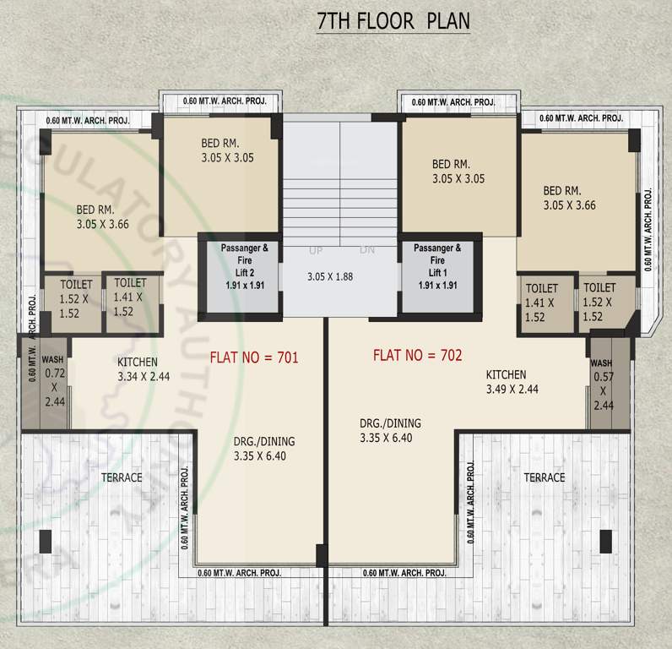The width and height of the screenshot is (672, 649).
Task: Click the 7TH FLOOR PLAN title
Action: point(393,21)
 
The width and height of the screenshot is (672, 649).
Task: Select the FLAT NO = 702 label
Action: point(417,355)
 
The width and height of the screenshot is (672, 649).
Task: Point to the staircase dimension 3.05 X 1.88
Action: point(329,276)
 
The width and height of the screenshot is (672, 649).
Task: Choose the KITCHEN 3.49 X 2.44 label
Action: point(512,382)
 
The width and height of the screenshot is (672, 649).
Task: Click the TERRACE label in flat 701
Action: point(122,477)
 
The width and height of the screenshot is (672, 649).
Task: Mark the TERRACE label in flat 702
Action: point(544,477)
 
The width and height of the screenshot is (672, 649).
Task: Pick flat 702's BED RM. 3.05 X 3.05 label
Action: point(457,171)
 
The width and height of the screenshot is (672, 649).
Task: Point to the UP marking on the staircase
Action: point(316,251)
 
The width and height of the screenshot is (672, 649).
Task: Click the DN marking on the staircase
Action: point(367,251)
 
